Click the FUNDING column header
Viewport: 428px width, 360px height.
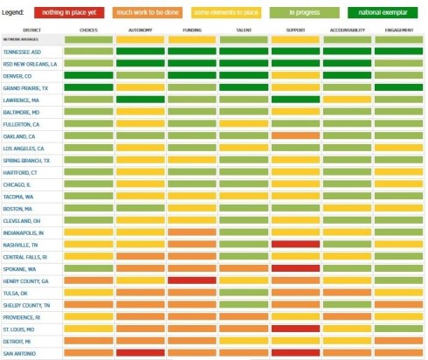coord(192,31)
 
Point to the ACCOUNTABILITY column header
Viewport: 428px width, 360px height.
coord(347,31)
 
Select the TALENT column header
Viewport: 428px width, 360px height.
coord(244,31)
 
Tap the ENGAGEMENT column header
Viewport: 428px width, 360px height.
coord(398,31)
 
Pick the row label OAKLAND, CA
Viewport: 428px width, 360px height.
coord(20,135)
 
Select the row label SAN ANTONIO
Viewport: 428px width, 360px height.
coord(19,352)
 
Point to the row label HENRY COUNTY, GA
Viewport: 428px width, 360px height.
coord(25,280)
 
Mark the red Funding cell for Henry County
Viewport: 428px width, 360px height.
coord(192,280)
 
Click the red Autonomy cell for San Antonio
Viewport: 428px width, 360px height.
coord(141,352)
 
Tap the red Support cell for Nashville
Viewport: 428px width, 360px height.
coord(295,244)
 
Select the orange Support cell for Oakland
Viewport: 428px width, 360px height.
coord(295,135)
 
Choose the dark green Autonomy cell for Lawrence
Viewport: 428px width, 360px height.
coord(141,100)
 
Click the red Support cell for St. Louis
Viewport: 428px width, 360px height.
coord(295,329)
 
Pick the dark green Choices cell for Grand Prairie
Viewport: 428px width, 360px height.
coord(89,87)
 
